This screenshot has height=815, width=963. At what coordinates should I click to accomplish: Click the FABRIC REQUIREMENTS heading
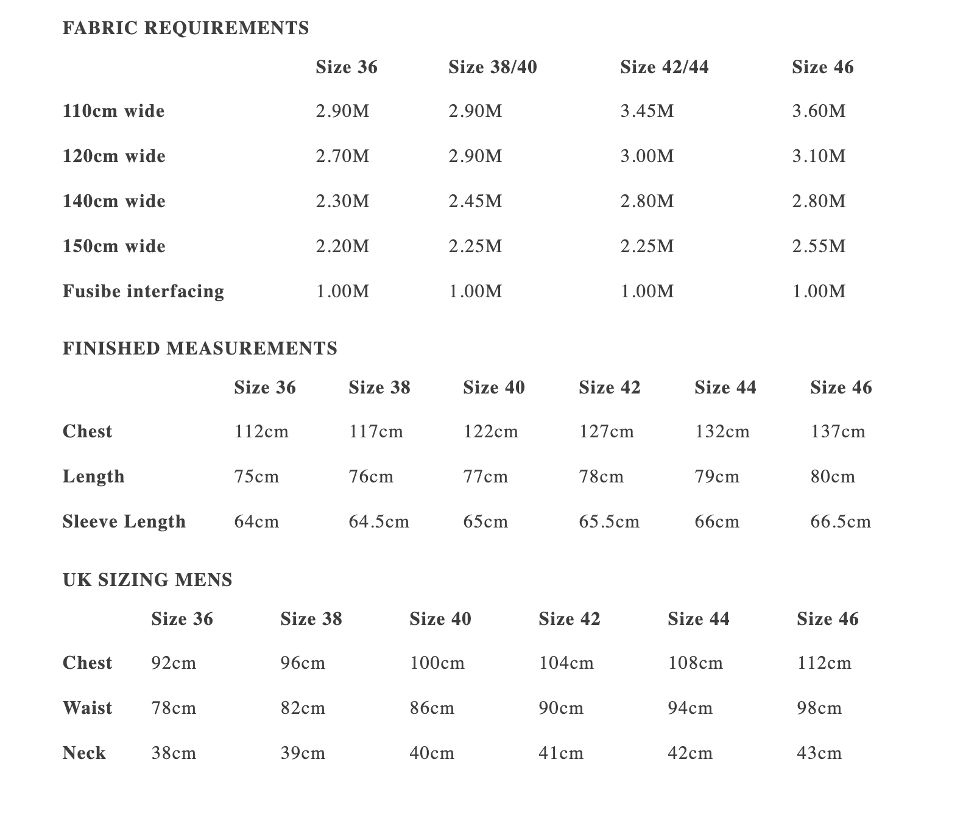186,28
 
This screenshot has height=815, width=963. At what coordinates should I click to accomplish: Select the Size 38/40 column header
492,67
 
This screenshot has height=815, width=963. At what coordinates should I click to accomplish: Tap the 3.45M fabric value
647,111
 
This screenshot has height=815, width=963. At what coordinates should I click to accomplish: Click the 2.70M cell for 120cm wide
342,157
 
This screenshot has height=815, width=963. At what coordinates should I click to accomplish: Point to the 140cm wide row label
114,202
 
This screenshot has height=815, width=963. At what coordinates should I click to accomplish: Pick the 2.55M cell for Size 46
819,247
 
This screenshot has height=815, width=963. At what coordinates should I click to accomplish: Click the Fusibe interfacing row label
143,291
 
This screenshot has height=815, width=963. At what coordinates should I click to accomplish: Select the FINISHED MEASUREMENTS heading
200,348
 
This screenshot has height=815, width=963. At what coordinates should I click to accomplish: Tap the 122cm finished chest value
490,432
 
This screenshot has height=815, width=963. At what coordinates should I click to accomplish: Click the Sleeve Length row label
124,522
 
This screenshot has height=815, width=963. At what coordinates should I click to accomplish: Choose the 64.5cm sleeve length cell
379,522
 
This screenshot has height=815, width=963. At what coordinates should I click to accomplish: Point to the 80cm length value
833,477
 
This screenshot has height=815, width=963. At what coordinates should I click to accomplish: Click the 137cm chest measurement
838,432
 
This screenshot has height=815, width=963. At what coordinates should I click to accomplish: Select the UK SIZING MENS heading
147,580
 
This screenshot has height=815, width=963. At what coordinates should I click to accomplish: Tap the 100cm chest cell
437,663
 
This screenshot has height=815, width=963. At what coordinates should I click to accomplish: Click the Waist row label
87,708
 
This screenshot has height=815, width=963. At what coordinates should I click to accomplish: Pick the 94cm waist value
690,708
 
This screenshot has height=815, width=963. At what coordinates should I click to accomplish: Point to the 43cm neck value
819,753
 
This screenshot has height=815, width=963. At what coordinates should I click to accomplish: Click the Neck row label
84,753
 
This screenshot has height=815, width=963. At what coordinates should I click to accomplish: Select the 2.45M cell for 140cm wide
475,202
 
